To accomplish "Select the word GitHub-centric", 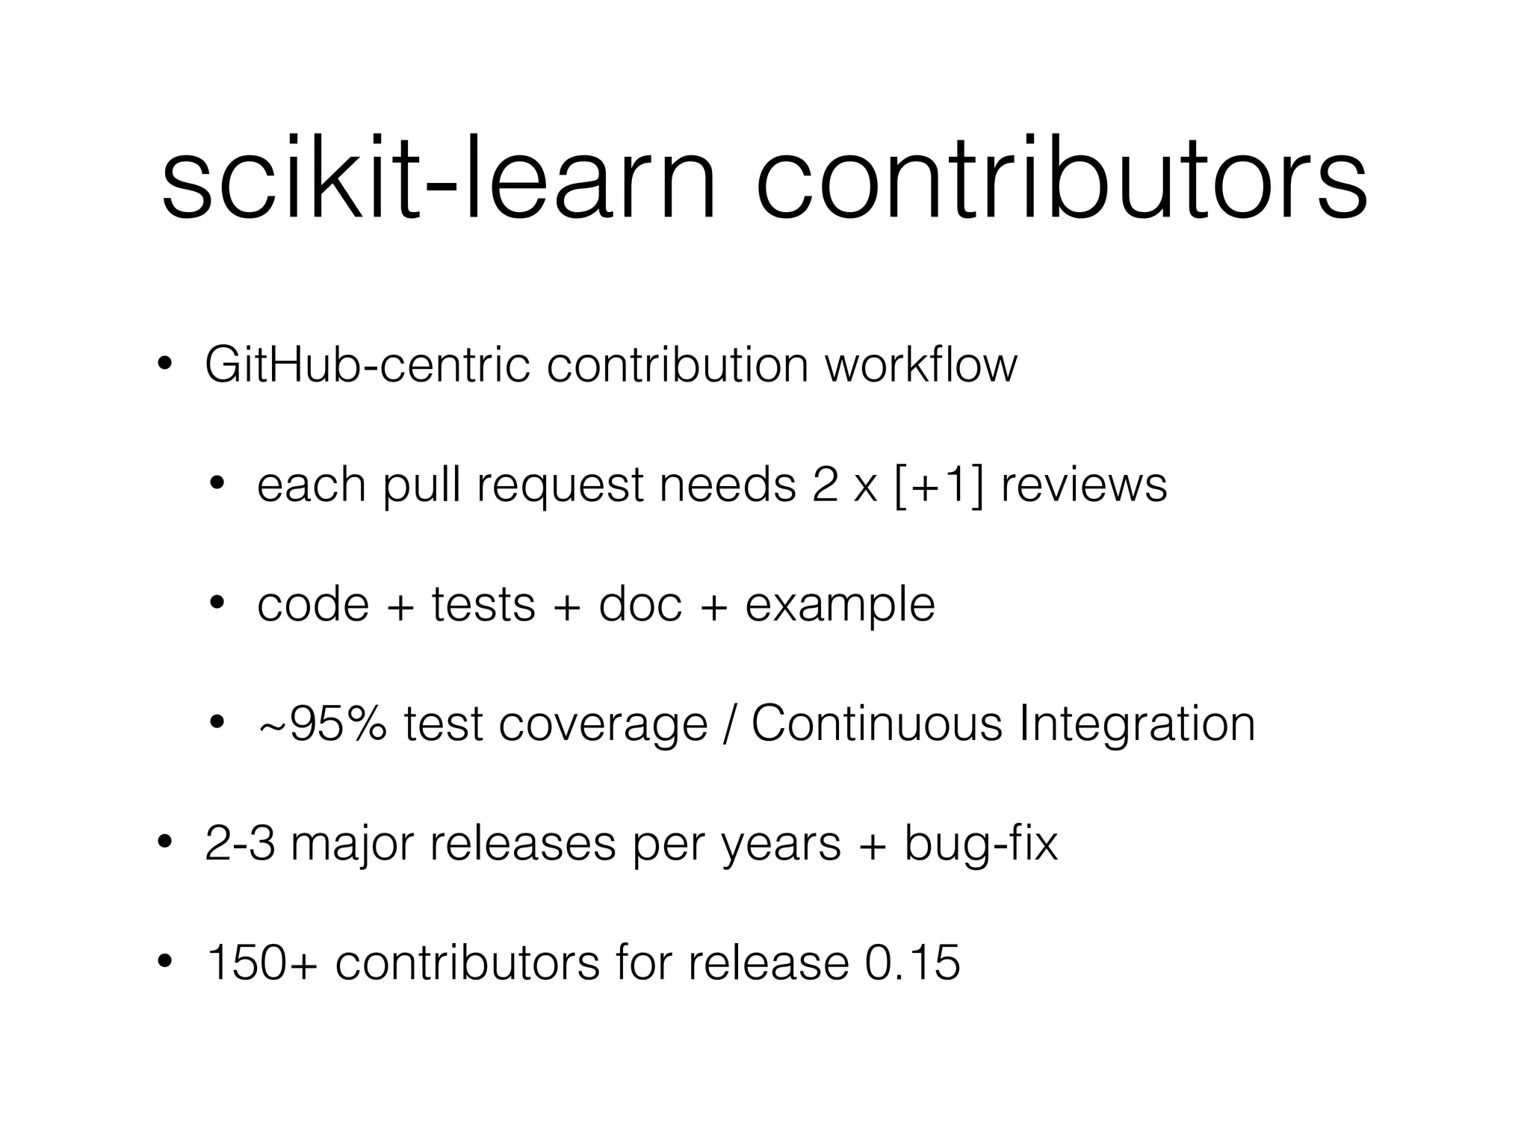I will (x=367, y=365).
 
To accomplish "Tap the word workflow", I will (x=920, y=365).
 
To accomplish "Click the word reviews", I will (x=1083, y=485).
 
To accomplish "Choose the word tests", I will (x=483, y=604).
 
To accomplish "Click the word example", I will (x=840, y=606).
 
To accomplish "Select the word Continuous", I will (x=876, y=724).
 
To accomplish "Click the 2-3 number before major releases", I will (x=240, y=844).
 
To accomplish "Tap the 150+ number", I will (x=261, y=963).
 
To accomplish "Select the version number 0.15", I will (x=912, y=963).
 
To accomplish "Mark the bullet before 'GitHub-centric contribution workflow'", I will (x=165, y=365).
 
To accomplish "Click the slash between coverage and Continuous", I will (x=729, y=724).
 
